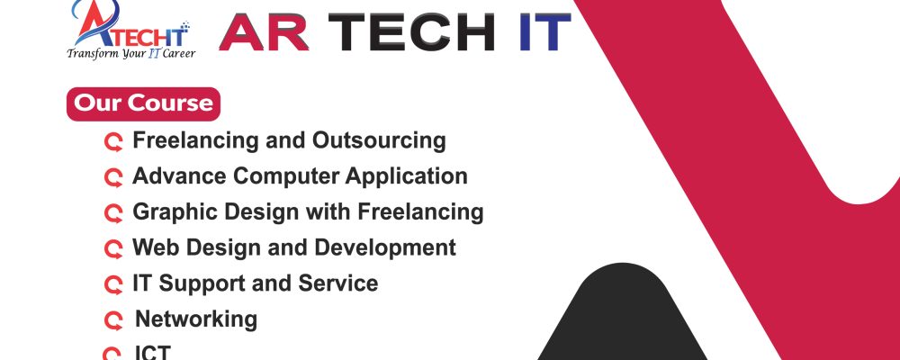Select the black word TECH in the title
[x=411, y=32]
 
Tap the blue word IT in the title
[x=544, y=32]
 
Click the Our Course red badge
[x=143, y=103]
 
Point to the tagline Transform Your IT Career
[x=130, y=53]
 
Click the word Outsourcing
[x=379, y=140]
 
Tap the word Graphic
[x=175, y=211]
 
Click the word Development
[x=385, y=247]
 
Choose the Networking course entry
[x=195, y=319]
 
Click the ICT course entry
[x=152, y=352]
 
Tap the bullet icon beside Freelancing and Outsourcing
[x=113, y=142]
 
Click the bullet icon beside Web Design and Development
[x=113, y=249]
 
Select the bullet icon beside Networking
[x=113, y=320]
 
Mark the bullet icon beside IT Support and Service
[x=113, y=284]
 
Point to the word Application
[x=406, y=176]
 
